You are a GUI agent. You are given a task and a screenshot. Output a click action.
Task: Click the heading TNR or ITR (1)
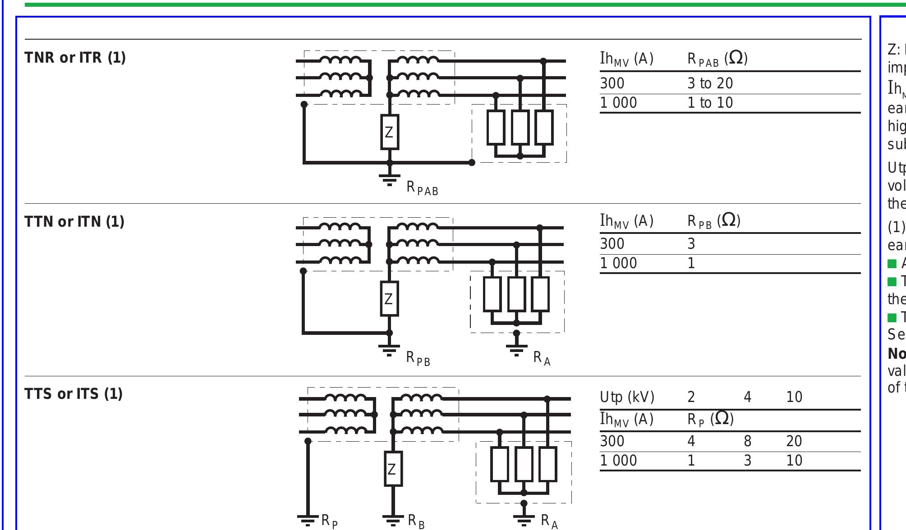(x=75, y=58)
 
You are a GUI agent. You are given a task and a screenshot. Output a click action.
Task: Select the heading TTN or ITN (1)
(x=74, y=222)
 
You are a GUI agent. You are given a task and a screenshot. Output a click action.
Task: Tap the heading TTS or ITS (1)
(x=74, y=394)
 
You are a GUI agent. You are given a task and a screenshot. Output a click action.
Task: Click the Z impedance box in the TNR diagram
(x=389, y=132)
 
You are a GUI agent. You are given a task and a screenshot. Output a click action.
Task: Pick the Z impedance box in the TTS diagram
(x=393, y=469)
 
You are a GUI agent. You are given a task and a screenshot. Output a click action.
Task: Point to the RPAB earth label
(x=422, y=188)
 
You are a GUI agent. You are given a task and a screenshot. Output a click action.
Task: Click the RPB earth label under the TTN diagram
(x=418, y=359)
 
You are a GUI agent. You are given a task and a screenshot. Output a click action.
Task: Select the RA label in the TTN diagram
(x=542, y=358)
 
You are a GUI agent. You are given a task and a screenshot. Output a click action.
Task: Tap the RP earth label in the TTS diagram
(x=329, y=521)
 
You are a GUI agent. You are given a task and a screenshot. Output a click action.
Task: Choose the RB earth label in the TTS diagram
(x=416, y=521)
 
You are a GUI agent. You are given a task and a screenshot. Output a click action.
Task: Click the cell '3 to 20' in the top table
(x=710, y=83)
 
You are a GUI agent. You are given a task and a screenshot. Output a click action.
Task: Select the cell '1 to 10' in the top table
(x=710, y=103)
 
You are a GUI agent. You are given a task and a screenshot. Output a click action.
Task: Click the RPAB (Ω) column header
(x=717, y=59)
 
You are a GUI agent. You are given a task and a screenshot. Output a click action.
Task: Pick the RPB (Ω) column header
(x=713, y=221)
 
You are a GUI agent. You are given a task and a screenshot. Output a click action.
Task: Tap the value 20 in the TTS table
(x=794, y=441)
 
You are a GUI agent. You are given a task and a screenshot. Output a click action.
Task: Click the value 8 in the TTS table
(x=747, y=441)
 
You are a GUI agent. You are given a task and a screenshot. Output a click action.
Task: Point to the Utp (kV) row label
(x=627, y=397)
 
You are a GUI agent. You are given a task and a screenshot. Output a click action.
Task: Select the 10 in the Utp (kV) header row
(x=794, y=397)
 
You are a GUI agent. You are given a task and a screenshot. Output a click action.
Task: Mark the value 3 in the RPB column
(x=691, y=244)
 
